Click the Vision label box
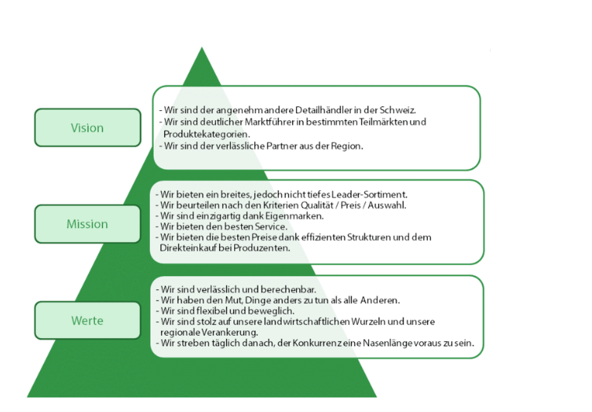pos(87,127)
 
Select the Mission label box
pos(87,224)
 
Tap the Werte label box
pos(87,321)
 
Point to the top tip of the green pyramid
pos(202,49)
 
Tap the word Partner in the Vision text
pos(276,147)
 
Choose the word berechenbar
pos(277,290)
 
